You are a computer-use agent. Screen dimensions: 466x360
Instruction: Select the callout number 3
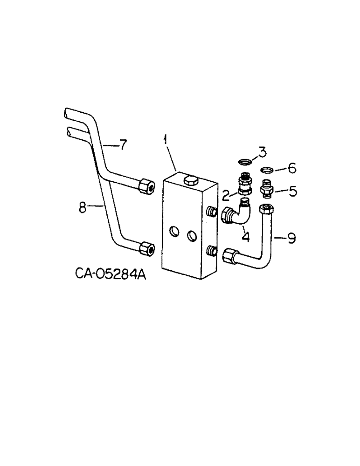click(x=263, y=151)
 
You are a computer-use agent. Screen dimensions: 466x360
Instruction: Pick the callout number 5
click(x=292, y=191)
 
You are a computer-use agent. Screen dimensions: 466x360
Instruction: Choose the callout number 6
click(x=292, y=166)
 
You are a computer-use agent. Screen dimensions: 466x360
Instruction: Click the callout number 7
click(x=122, y=145)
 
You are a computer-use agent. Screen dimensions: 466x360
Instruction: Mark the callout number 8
click(x=83, y=207)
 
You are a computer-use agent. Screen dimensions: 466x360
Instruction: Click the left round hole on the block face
click(x=173, y=231)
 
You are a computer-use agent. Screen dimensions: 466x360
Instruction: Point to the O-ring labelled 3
click(x=244, y=162)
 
